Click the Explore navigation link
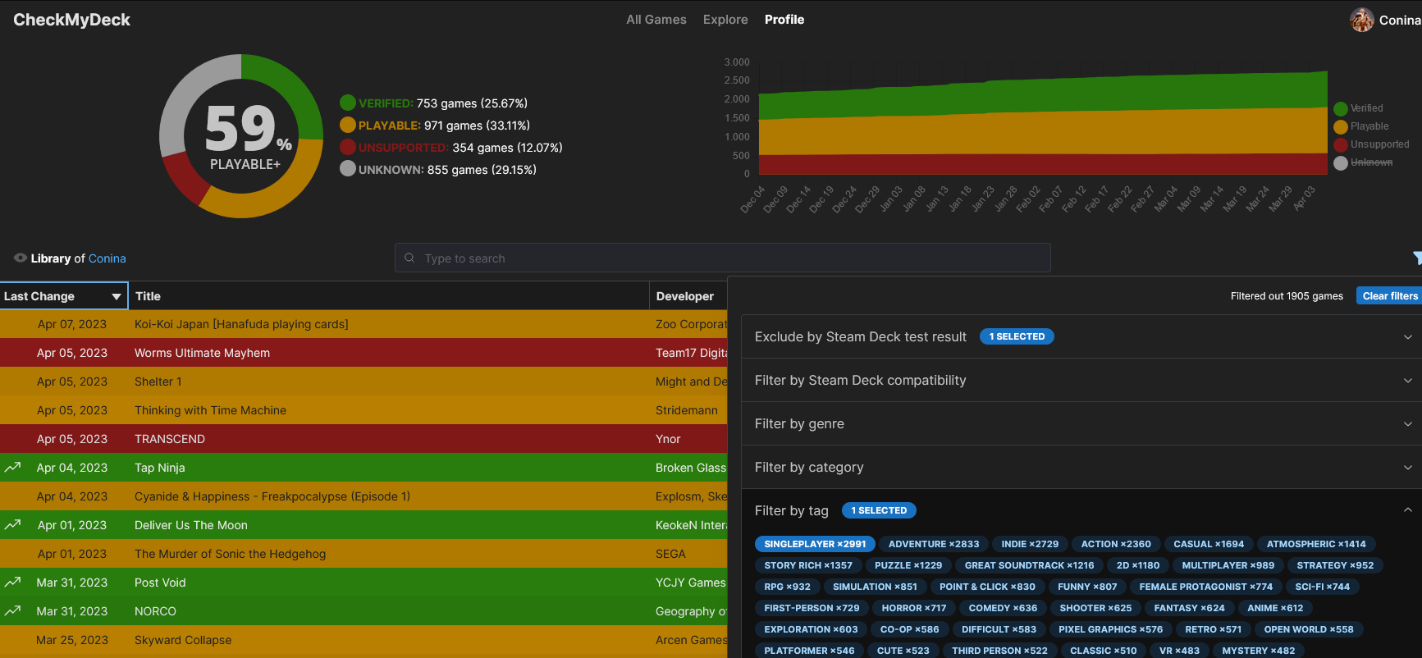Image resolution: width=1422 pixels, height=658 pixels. coord(725,20)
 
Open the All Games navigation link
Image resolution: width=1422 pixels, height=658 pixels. coord(656,20)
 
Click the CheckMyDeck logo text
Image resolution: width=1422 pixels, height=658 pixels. coord(72,20)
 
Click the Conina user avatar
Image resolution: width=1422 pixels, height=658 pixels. coord(1362,20)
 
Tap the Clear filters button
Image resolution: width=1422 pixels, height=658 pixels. coord(1389,296)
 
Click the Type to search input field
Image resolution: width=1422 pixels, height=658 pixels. coord(722,258)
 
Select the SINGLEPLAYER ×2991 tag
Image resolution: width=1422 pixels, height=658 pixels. coord(815,544)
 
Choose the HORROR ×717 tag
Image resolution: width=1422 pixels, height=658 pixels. coord(914,608)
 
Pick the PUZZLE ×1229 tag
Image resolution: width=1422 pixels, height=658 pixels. coord(908,565)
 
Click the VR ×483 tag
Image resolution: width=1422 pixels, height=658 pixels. coord(1179,651)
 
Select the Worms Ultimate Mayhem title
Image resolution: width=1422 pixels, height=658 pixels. coord(202,353)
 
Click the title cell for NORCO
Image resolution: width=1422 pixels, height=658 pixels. coord(155,611)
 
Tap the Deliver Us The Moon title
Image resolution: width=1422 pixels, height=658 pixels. coord(191,525)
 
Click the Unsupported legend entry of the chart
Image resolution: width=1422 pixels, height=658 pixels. coord(1372,144)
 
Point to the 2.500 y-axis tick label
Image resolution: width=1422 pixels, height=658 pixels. coord(737,80)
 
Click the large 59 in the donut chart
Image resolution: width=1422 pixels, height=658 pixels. coord(240,129)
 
